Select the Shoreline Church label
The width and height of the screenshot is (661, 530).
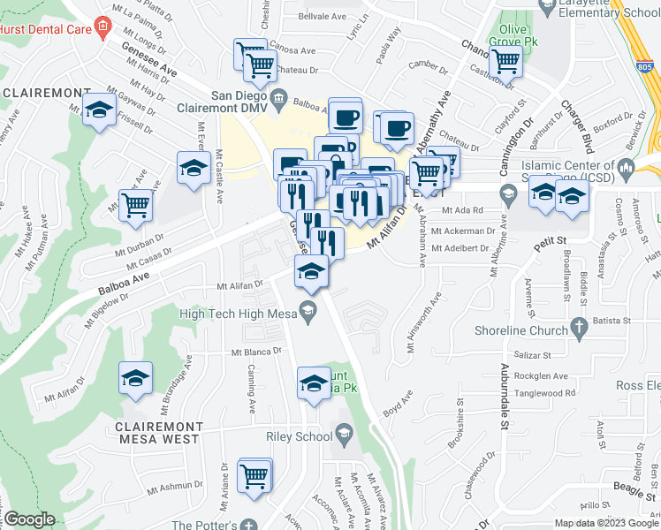[x=523, y=331]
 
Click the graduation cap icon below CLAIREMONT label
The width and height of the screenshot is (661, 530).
[x=99, y=112]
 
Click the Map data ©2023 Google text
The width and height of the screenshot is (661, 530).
[x=605, y=523]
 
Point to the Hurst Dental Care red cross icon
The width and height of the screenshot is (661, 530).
[x=103, y=26]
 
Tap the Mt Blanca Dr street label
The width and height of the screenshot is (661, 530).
[x=256, y=352]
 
